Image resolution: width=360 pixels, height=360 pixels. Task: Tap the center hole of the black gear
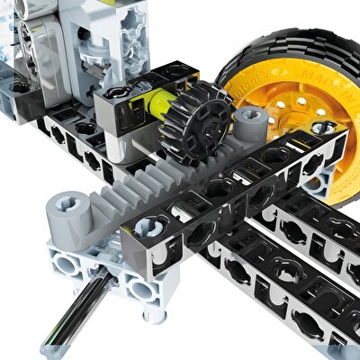[196, 121]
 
